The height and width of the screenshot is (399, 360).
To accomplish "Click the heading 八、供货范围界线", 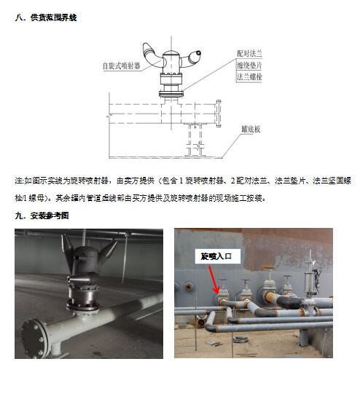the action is pos(46,17).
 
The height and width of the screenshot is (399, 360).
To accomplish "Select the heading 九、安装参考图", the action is pos(42,216).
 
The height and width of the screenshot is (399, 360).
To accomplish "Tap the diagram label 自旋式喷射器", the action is pos(121,66).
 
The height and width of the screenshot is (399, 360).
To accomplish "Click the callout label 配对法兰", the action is pos(249,53).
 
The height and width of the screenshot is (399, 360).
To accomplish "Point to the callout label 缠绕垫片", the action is pos(249,66).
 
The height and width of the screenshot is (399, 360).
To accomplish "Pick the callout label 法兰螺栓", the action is pos(249,76).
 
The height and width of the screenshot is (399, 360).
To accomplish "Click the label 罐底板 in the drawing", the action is pos(251,129).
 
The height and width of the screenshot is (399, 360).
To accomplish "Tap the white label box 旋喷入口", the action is pos(218,256).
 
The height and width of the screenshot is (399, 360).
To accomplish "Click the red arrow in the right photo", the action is pos(214,279).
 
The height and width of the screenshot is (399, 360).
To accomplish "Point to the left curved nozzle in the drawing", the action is pos(152,55).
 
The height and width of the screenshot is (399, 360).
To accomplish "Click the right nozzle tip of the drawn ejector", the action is pos(198,53).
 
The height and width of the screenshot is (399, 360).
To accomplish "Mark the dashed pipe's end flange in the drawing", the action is pos(219,114).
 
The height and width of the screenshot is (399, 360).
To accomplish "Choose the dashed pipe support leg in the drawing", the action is pos(195,140).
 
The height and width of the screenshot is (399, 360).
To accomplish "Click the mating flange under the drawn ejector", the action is pos(171,94).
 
